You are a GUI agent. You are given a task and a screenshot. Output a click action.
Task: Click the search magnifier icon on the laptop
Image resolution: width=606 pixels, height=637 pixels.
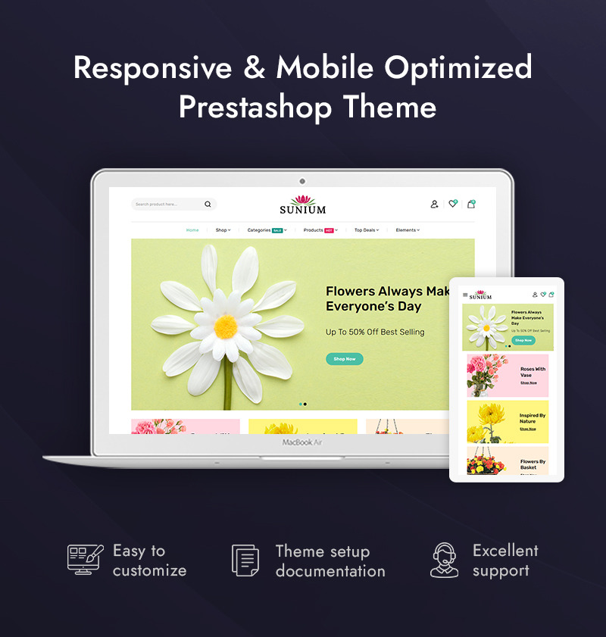208,204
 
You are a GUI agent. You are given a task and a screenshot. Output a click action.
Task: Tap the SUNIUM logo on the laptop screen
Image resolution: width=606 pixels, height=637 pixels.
302,205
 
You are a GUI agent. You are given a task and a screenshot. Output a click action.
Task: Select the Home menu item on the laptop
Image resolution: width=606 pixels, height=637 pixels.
192,230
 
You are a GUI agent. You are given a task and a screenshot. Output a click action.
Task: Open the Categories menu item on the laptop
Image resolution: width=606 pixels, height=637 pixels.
260,230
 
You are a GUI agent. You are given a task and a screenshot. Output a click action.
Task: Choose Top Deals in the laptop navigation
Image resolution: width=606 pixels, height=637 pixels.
365,230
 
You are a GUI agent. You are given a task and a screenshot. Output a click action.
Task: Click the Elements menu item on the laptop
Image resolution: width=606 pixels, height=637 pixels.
406,230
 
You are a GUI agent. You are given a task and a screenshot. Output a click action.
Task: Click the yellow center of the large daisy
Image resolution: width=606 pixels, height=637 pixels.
226,326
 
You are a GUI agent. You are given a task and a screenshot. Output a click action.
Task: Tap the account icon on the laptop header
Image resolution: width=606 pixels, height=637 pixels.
434,204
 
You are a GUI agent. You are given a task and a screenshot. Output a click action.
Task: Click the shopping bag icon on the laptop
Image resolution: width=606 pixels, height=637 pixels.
471,204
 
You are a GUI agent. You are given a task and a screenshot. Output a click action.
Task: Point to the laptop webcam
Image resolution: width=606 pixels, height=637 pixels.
302,181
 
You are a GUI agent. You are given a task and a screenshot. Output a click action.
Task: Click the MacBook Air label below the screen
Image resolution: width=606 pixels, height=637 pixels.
302,442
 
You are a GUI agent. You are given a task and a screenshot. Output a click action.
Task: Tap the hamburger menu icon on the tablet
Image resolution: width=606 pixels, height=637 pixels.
465,295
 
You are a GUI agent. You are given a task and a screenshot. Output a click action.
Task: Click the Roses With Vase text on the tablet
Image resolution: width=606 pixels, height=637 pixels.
533,372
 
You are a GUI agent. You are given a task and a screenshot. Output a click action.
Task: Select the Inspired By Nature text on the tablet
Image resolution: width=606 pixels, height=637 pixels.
533,418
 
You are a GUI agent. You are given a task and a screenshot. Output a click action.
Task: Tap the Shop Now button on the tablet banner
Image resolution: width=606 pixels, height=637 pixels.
523,340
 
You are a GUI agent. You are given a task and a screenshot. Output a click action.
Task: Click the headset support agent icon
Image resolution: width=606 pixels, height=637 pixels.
444,560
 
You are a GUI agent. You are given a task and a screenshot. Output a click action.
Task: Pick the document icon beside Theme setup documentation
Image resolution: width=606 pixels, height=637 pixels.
245,560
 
